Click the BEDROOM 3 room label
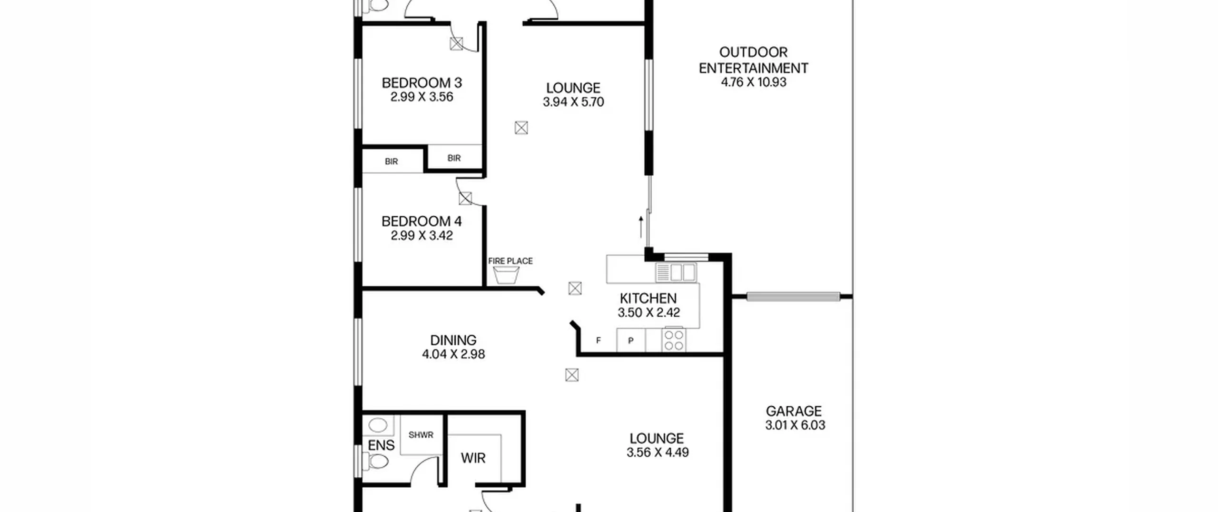coord(422,83)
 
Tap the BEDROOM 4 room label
coord(422,221)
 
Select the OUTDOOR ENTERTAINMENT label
coord(753,60)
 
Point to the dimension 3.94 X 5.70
coord(573,102)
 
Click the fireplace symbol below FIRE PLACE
coord(506,275)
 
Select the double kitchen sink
coord(676,272)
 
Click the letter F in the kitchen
coord(599,341)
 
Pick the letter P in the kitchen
coord(631,341)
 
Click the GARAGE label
coord(794,411)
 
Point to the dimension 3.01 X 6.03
coord(795,425)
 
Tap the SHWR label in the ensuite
coord(421,435)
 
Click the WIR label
coord(473,458)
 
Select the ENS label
coord(381,445)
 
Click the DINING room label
coord(453,341)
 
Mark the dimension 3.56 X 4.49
coord(658,452)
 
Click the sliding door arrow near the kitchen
coord(641,227)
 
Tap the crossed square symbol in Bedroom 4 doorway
coord(465,198)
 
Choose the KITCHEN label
coord(648,299)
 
